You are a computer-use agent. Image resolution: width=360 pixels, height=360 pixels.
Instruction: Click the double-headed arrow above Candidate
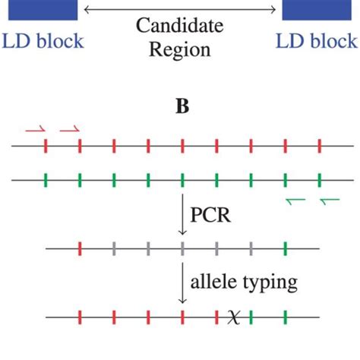pos(180,9)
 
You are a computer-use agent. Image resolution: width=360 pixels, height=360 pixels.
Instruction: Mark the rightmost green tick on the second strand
pos(320,181)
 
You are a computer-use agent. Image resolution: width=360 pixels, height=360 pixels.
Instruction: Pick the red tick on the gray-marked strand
pos(80,248)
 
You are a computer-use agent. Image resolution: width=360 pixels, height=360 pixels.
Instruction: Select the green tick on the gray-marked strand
pos(286,248)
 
